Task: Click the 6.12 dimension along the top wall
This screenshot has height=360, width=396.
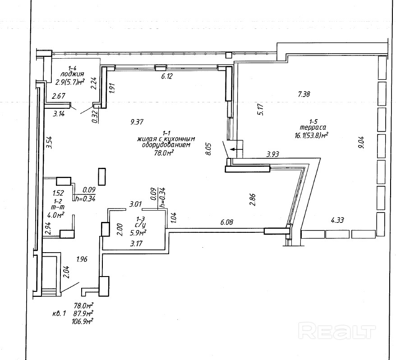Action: [167, 77]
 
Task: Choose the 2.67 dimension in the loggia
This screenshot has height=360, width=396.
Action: [59, 96]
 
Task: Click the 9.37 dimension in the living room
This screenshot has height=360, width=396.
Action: [137, 121]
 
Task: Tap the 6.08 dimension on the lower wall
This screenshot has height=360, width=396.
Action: [227, 222]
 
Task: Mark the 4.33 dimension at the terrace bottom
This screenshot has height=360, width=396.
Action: [338, 221]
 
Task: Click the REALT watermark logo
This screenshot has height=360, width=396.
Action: [338, 332]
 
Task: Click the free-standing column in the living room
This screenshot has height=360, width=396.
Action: [102, 176]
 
